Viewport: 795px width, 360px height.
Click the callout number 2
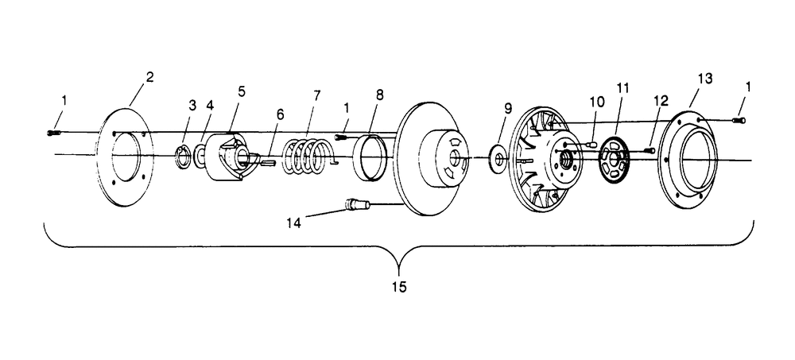tap(149, 78)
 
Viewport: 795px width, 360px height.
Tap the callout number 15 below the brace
tap(399, 288)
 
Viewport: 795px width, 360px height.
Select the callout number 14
tap(293, 223)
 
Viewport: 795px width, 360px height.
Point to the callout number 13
tap(705, 79)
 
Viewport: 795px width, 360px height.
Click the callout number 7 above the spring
tap(317, 96)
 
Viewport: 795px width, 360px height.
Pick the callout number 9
tap(509, 109)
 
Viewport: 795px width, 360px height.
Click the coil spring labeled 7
tap(307, 157)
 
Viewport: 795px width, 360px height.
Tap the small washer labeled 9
tap(498, 157)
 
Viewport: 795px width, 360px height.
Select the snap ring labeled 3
tap(183, 157)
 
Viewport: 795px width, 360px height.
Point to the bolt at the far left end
tap(54, 133)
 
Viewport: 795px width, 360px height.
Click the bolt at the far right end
tap(739, 120)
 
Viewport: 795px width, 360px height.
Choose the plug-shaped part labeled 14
tap(357, 204)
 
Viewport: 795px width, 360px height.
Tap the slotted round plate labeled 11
tap(614, 160)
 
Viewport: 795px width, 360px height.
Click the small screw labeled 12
tap(650, 150)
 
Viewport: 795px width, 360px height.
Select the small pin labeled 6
tap(267, 162)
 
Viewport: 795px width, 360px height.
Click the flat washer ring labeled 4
tap(200, 156)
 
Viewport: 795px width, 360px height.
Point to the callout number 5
tap(242, 91)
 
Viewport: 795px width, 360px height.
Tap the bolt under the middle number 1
tap(342, 137)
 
